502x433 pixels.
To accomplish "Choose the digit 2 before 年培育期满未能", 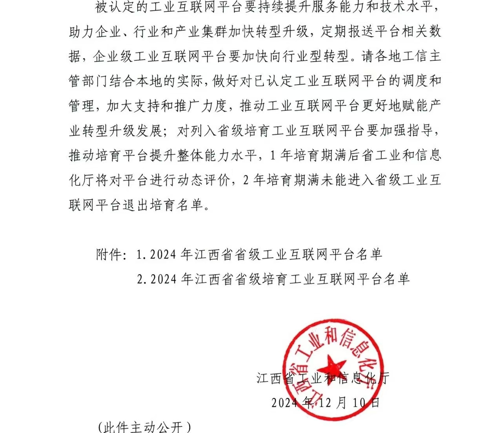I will [x=246, y=180].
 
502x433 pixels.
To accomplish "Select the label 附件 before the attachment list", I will [x=109, y=254].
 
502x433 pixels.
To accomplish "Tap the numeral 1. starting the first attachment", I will [x=141, y=255].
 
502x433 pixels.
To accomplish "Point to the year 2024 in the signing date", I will [x=284, y=402].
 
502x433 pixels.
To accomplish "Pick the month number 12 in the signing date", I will [x=325, y=402].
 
